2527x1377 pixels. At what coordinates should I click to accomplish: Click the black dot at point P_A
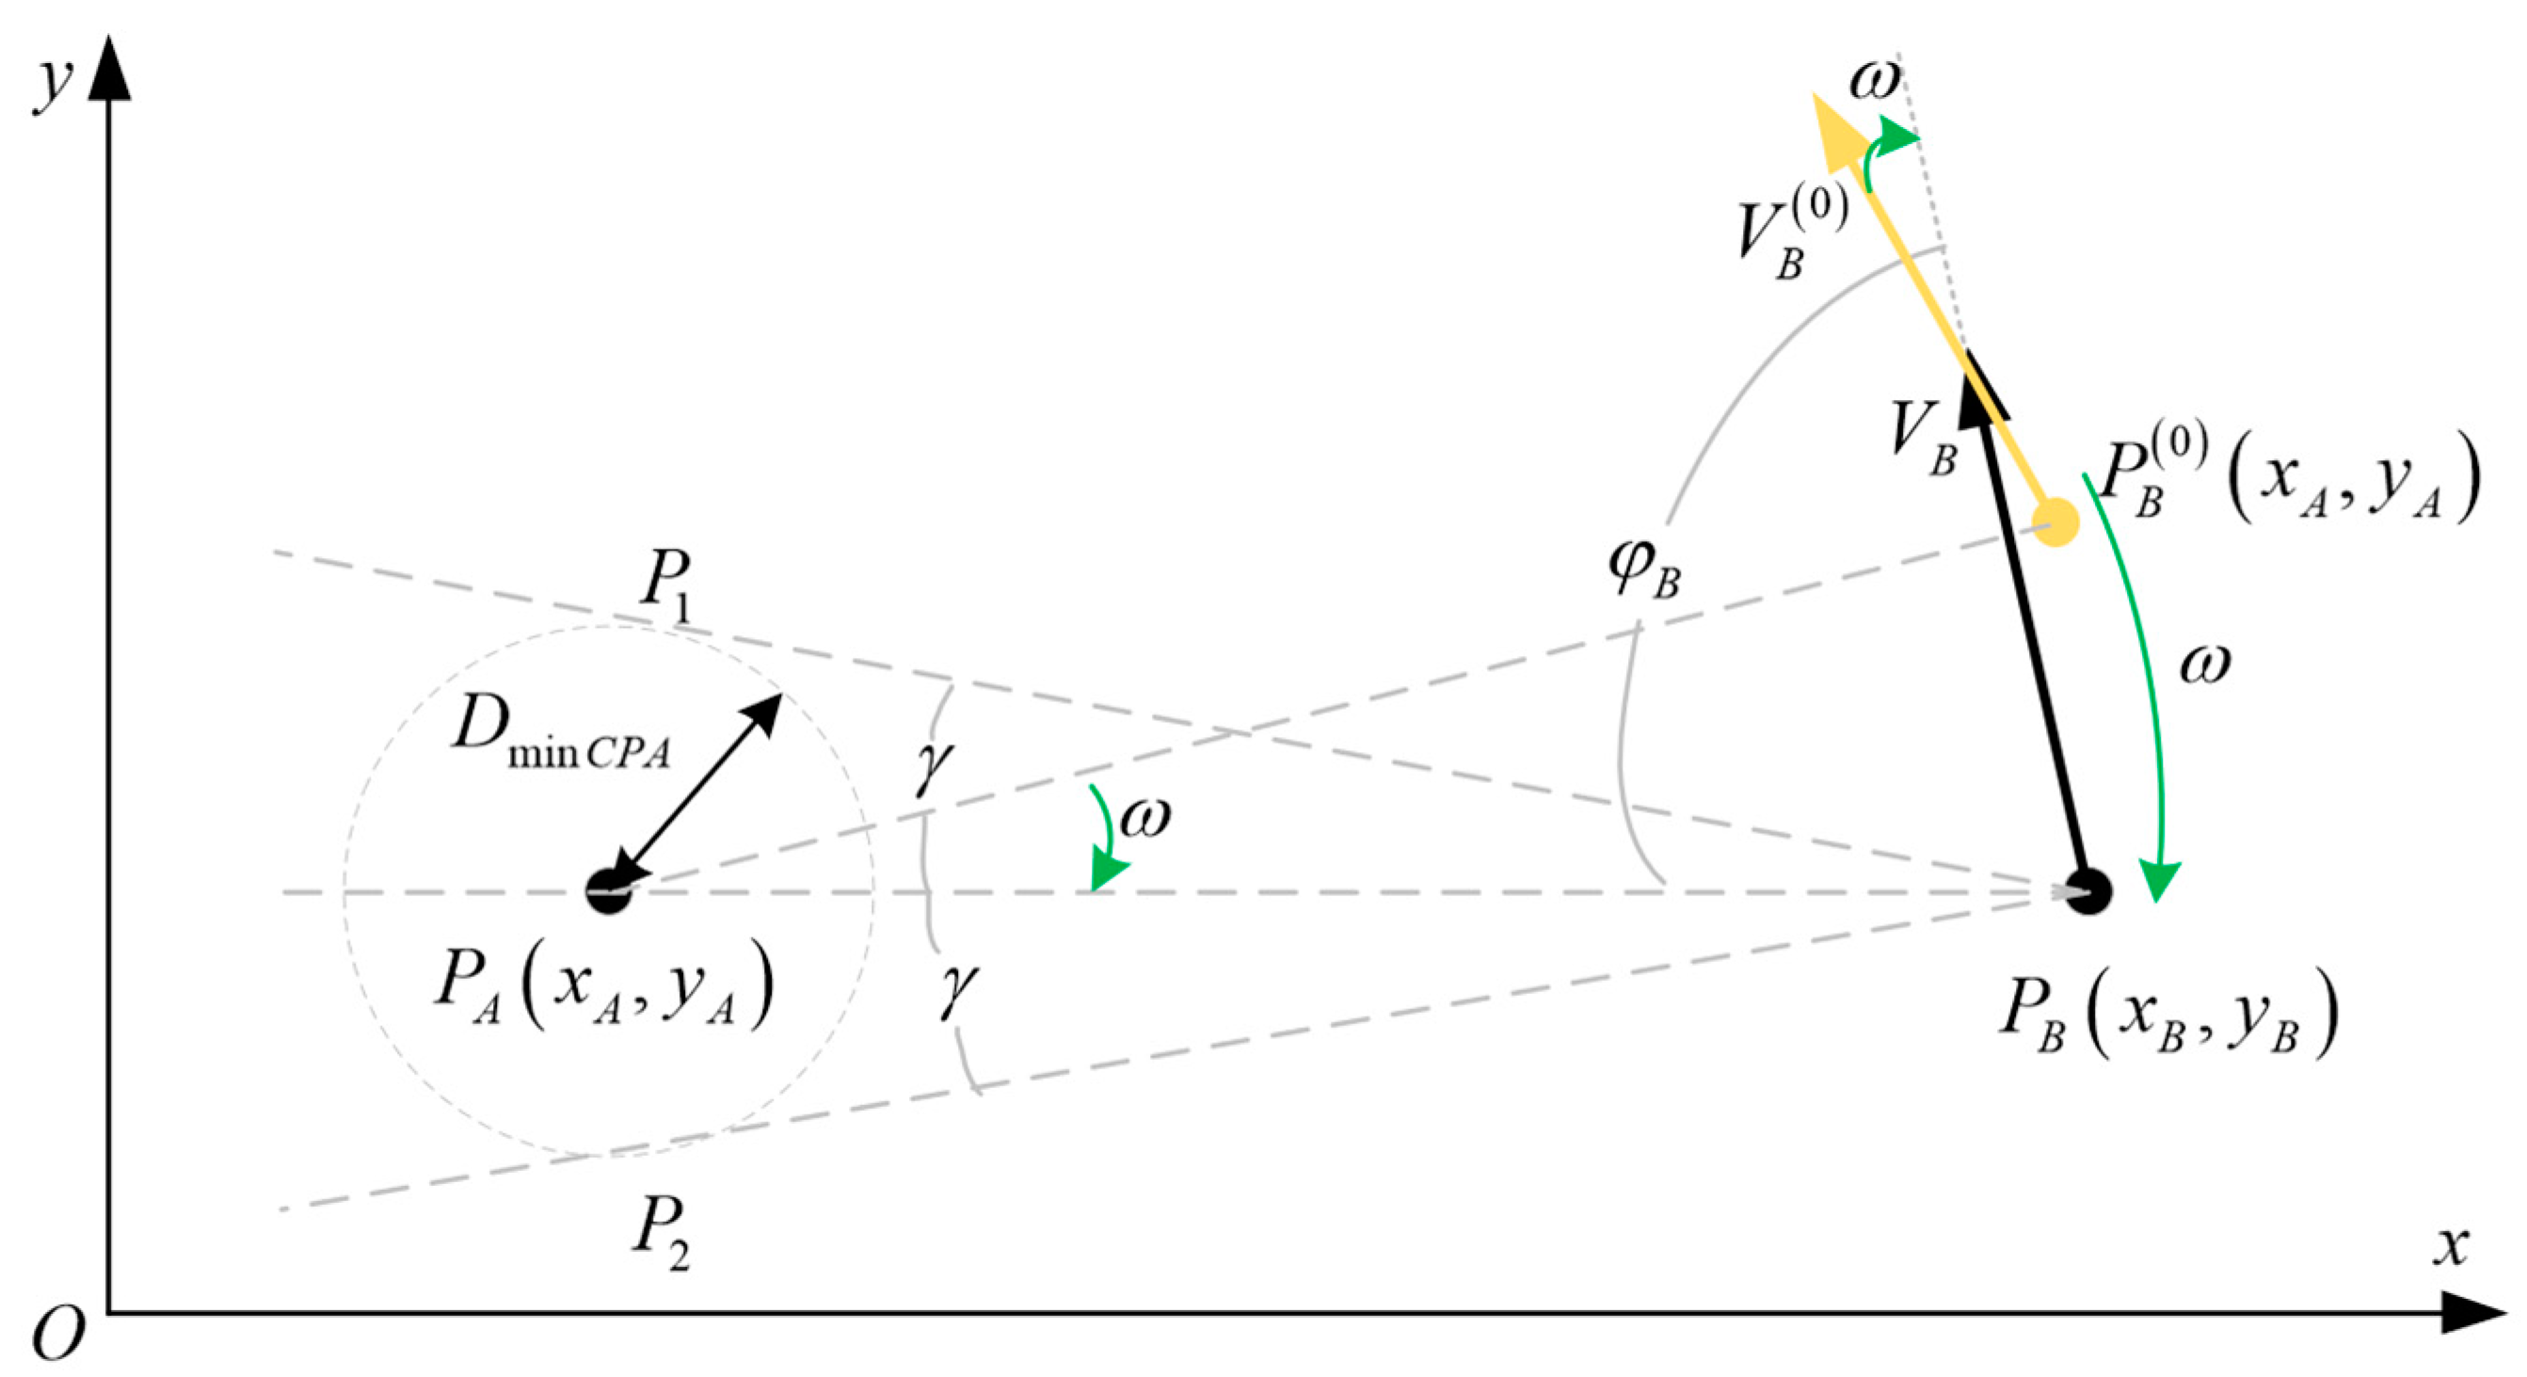click(608, 891)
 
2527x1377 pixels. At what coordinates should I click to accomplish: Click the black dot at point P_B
click(2088, 891)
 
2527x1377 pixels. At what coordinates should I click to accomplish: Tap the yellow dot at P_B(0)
click(2056, 520)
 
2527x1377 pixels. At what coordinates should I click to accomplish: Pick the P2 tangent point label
click(660, 1236)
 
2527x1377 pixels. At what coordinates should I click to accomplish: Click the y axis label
click(53, 83)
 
